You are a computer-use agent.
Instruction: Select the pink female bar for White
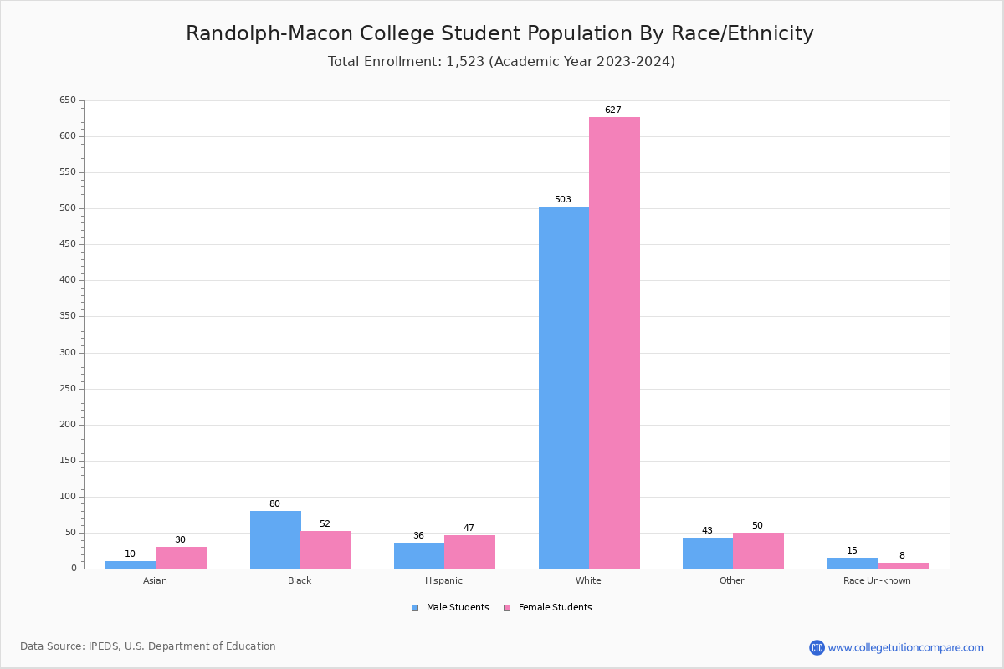(x=614, y=343)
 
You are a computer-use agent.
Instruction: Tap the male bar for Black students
(x=275, y=539)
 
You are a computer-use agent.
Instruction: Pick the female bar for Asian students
(x=181, y=558)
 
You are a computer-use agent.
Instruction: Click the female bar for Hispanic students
(x=469, y=552)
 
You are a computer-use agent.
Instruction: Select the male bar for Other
(x=707, y=553)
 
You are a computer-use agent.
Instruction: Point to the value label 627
(x=613, y=110)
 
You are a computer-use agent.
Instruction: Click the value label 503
(x=563, y=200)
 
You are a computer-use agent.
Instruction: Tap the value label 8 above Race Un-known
(x=902, y=556)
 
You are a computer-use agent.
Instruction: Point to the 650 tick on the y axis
(x=68, y=100)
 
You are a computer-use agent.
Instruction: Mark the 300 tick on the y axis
(x=68, y=353)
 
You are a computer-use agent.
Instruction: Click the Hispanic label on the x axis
(x=443, y=581)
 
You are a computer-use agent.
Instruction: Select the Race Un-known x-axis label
(x=877, y=581)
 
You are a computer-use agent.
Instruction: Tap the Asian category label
(x=155, y=581)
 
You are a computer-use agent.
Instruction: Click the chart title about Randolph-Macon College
(x=499, y=33)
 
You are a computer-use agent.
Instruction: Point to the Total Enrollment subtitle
(x=501, y=62)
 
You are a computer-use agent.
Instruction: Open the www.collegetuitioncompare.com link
(x=905, y=647)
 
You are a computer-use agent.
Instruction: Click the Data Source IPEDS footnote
(x=148, y=646)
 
